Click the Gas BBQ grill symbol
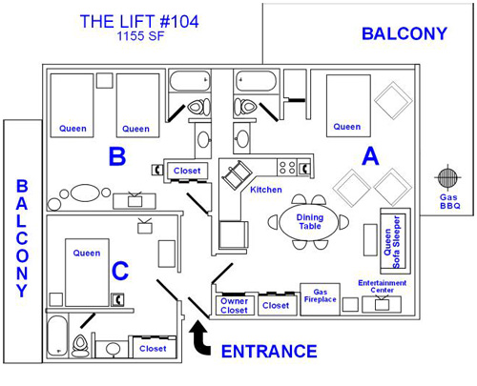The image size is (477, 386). pyautogui.click(x=447, y=177)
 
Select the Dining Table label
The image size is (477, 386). pyautogui.click(x=310, y=222)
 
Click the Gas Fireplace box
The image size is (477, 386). pyautogui.click(x=321, y=299)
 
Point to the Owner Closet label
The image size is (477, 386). pyautogui.click(x=235, y=306)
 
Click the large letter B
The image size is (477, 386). pyautogui.click(x=117, y=156)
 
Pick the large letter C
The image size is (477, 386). pyautogui.click(x=120, y=271)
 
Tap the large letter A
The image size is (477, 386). pyautogui.click(x=370, y=156)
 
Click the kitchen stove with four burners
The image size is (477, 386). pyautogui.click(x=287, y=168)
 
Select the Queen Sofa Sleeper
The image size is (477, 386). pyautogui.click(x=395, y=241)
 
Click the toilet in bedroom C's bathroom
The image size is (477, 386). pyautogui.click(x=80, y=346)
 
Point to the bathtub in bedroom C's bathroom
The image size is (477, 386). pyautogui.click(x=57, y=335)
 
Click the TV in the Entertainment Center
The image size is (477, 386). pyautogui.click(x=382, y=304)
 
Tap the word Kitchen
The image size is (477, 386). pyautogui.click(x=266, y=190)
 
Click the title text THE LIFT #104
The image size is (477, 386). pyautogui.click(x=139, y=22)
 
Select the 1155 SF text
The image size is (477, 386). pyautogui.click(x=140, y=36)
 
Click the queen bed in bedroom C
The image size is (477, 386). pyautogui.click(x=87, y=273)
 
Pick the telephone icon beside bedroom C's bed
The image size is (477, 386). pyautogui.click(x=117, y=299)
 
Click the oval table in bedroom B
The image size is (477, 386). pyautogui.click(x=85, y=193)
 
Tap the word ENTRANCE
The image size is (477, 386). pyautogui.click(x=269, y=352)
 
